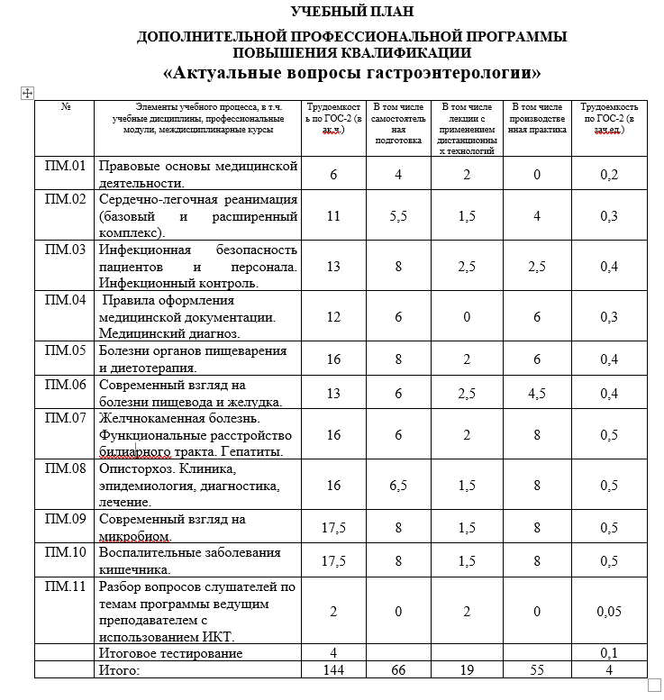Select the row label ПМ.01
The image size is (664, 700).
pyautogui.click(x=65, y=166)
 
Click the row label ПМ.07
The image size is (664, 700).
pyautogui.click(x=65, y=418)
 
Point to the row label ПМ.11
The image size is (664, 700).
pyautogui.click(x=65, y=587)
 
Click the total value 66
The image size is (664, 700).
pyautogui.click(x=397, y=670)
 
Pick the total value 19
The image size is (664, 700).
pyautogui.click(x=466, y=670)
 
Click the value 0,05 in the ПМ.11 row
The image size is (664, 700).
pyautogui.click(x=610, y=612)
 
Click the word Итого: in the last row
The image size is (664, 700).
pyautogui.click(x=120, y=670)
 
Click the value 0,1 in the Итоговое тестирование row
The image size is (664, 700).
pyautogui.click(x=610, y=652)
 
